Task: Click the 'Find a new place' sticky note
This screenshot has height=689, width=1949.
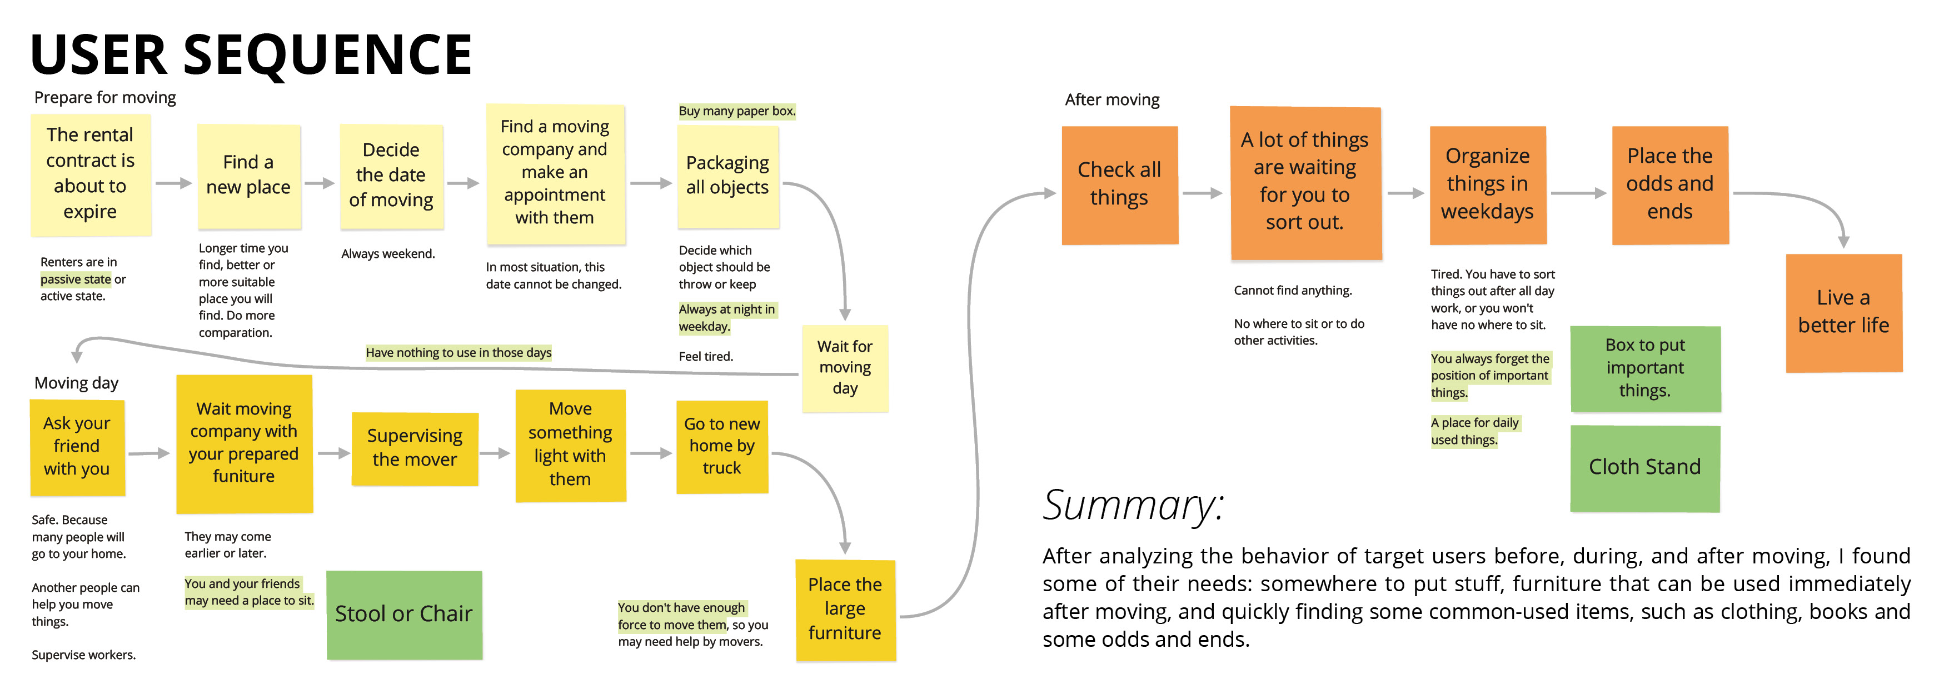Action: coord(248,176)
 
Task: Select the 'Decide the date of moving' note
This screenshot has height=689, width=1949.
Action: coord(391,176)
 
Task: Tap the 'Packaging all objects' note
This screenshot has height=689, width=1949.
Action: coord(727,176)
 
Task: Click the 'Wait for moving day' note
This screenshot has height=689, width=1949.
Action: coord(844,368)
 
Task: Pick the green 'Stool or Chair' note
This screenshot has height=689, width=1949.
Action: coord(404,614)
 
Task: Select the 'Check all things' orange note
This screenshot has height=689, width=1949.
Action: coord(1119,184)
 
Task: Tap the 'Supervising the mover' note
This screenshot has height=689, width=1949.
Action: coord(415,448)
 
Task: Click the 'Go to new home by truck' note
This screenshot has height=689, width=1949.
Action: coord(722,446)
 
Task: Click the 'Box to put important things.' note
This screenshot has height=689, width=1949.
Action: coord(1645,368)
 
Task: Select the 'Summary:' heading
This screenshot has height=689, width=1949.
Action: coord(1133,505)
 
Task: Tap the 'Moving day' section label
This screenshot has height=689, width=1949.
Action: coord(77,383)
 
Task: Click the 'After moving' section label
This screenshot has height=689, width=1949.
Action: coord(1111,100)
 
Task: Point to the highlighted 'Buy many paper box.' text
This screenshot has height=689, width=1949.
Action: coord(736,111)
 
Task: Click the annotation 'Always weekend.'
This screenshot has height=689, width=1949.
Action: coord(387,254)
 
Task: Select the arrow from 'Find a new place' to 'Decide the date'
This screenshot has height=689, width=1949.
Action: coord(320,183)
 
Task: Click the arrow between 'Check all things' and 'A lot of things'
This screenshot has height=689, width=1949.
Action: coord(1202,193)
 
